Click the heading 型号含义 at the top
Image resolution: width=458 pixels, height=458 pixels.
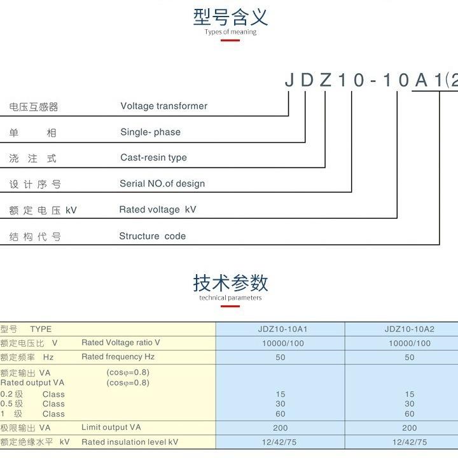coord(230,17)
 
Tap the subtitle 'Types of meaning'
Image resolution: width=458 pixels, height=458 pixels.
coord(230,32)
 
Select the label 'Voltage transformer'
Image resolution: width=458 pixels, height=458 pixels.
coord(163,106)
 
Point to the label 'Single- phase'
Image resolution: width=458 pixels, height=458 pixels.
coord(150,132)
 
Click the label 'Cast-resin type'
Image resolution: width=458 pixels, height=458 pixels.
coord(153,158)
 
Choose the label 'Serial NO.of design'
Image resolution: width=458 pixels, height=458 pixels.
coord(162,184)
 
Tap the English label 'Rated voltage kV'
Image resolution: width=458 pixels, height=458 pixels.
coord(158,210)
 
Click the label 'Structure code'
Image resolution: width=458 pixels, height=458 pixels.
coord(153,236)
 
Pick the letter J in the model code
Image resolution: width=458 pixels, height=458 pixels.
coord(289,80)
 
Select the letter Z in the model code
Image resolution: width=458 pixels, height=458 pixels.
coord(326,80)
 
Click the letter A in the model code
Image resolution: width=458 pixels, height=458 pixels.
coord(421,80)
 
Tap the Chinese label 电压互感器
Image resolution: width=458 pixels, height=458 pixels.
coord(34,107)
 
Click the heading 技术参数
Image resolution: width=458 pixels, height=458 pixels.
coord(230,282)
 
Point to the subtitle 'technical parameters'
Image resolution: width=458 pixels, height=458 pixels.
coord(230,298)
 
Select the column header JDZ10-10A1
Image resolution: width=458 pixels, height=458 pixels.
coord(281,330)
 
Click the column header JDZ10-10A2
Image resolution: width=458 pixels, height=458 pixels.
coord(409,330)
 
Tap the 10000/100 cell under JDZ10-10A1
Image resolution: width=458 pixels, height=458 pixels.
coord(281,343)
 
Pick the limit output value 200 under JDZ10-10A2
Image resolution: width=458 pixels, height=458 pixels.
coord(409,428)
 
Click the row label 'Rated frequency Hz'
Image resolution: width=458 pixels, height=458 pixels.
coord(118,357)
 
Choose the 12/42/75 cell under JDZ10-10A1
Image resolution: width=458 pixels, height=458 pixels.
coord(281,442)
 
